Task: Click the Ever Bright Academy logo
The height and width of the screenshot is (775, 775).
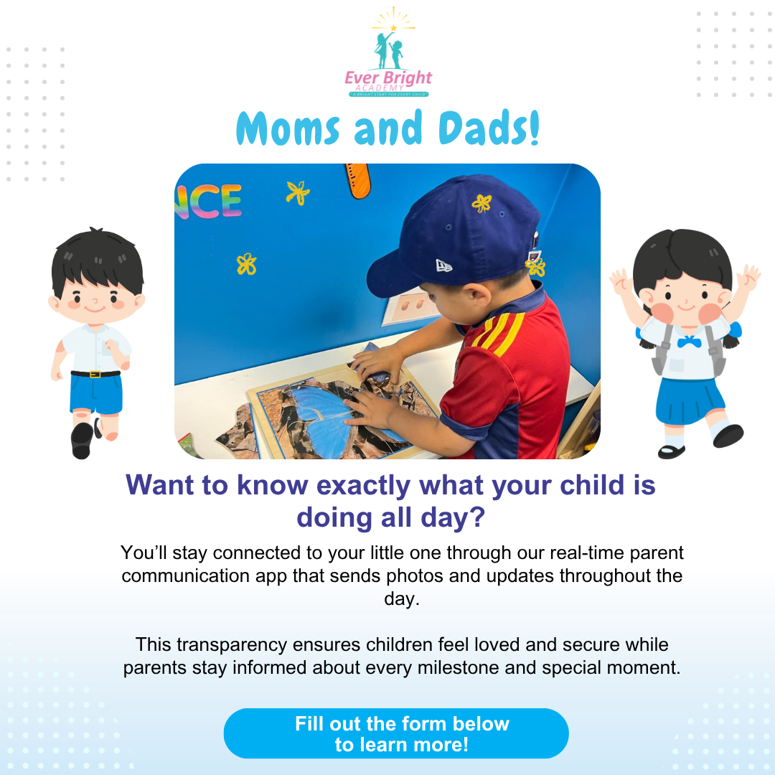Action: coord(387,55)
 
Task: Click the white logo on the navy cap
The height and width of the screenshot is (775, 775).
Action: coord(444,266)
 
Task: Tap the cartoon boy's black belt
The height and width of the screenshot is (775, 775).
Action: coord(95,374)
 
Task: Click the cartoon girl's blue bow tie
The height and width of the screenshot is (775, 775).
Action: coord(688,342)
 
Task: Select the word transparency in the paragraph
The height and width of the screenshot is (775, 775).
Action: coord(246,644)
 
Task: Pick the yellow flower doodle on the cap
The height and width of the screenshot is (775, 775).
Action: coord(482,203)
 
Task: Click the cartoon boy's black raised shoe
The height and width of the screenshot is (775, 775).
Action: coord(82,439)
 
